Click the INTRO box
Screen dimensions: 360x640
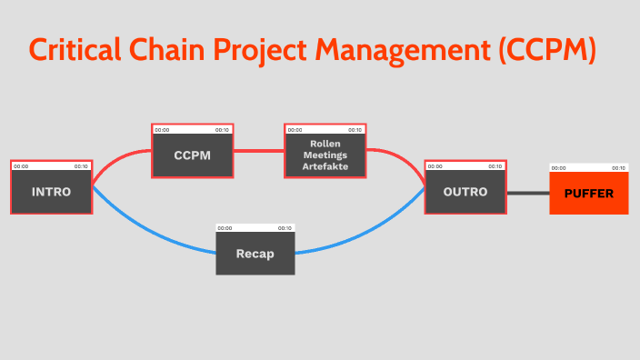(51, 192)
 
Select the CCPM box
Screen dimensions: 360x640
(192, 155)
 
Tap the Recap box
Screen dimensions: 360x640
(255, 253)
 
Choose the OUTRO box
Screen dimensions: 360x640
(465, 192)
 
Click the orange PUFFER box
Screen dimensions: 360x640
(589, 193)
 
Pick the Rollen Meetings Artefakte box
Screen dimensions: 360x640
(325, 155)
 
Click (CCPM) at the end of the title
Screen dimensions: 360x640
(545, 49)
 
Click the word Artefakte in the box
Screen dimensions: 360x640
(325, 166)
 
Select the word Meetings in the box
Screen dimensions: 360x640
(325, 155)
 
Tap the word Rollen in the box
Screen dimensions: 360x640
(325, 144)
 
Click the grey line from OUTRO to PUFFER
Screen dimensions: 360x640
(527, 193)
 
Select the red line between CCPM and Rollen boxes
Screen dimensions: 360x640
(258, 150)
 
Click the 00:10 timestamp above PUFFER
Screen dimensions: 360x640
(617, 168)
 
